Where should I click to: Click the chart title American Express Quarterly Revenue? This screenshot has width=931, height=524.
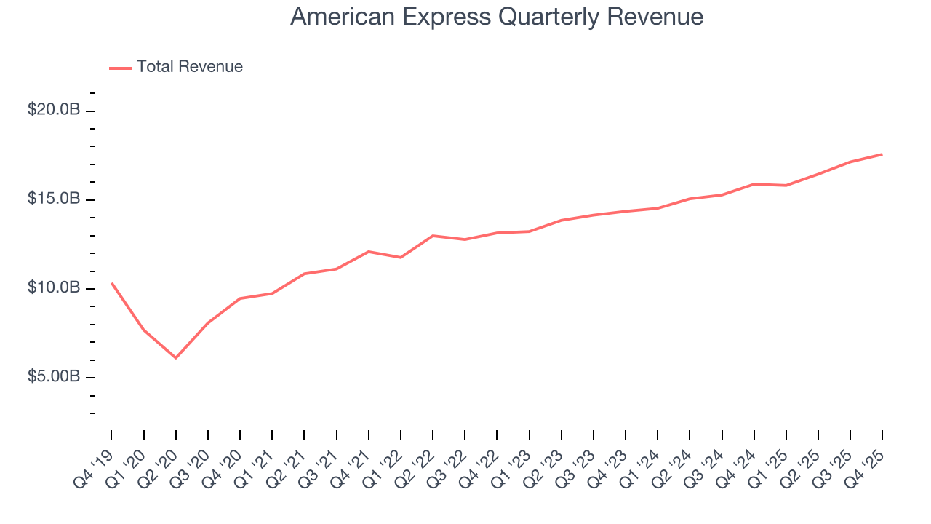point(497,17)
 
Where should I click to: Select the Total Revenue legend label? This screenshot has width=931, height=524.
point(189,67)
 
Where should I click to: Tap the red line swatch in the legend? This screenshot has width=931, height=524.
point(120,68)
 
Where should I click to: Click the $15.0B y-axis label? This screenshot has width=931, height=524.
point(54,199)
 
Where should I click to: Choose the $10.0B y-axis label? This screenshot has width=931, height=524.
point(54,288)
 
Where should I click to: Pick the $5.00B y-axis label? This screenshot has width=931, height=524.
point(54,377)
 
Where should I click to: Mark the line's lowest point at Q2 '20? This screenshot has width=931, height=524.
point(175,357)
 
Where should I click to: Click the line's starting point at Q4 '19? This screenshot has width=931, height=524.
point(111,283)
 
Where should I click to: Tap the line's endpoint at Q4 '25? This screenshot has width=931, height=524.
point(882,154)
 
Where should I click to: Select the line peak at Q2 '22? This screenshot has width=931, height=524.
point(433,236)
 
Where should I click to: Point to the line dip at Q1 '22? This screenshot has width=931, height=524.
point(401,258)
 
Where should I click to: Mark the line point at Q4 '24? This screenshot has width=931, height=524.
point(754,184)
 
